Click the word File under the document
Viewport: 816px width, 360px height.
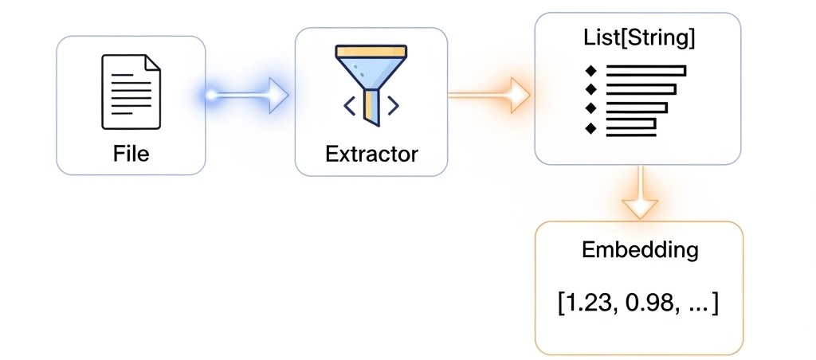click(x=131, y=154)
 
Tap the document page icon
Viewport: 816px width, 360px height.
click(x=131, y=92)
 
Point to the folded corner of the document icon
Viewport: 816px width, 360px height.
click(x=152, y=62)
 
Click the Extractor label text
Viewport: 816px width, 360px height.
click(x=371, y=154)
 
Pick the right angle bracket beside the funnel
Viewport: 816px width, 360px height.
click(x=393, y=106)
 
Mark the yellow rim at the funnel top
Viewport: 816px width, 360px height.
click(x=371, y=51)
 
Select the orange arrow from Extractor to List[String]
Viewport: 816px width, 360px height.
click(x=489, y=96)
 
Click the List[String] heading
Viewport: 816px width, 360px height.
click(x=637, y=40)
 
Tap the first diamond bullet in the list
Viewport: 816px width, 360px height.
click(x=590, y=70)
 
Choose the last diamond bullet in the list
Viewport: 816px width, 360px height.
click(x=590, y=127)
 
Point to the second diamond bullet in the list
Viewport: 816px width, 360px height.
click(x=590, y=89)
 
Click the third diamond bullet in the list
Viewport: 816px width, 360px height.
click(x=590, y=108)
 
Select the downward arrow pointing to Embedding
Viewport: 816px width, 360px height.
click(x=640, y=193)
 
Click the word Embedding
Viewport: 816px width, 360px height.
click(x=640, y=251)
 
